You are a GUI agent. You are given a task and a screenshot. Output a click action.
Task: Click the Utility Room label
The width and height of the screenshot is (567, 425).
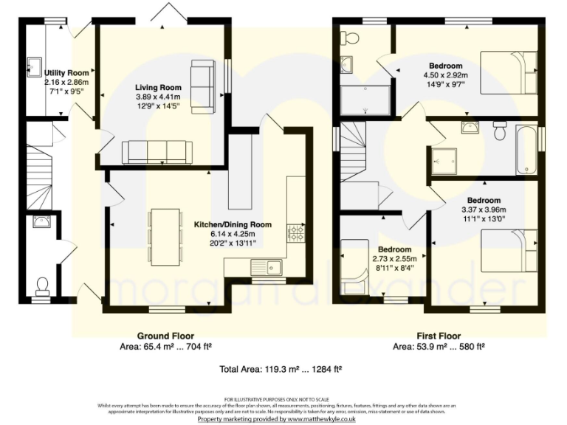tap(66, 73)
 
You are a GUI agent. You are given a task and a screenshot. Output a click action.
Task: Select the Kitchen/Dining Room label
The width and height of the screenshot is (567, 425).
tap(233, 224)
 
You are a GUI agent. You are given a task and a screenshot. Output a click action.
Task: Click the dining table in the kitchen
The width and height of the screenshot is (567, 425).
tap(165, 236)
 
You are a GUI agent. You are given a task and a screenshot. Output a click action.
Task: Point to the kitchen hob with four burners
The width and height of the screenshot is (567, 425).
tap(296, 233)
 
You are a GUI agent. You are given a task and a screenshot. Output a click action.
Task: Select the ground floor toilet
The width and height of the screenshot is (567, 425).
tap(42, 285)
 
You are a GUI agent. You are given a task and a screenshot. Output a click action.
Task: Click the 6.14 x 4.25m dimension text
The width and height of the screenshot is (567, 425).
tap(232, 234)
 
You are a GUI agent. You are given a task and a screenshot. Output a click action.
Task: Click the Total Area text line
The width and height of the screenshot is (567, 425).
tap(281, 368)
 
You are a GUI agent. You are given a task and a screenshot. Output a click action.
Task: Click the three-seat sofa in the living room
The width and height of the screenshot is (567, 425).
tap(157, 151)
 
